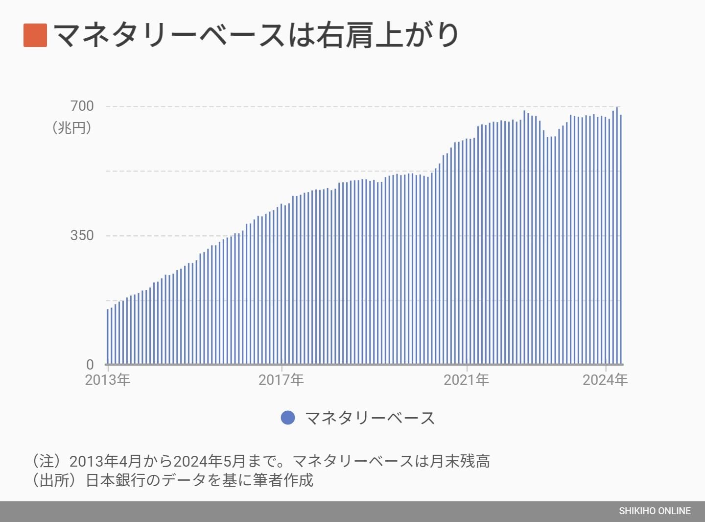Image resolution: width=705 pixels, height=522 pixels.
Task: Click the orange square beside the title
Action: (x=35, y=35)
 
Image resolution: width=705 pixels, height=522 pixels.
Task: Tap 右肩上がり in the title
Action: (x=387, y=35)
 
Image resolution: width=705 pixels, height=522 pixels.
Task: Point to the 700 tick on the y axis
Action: (x=82, y=106)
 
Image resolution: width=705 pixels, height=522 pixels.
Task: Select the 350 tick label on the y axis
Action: (x=82, y=235)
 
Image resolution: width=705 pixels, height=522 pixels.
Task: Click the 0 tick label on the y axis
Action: (x=90, y=365)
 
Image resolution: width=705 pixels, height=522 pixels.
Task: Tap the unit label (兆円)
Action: (x=72, y=128)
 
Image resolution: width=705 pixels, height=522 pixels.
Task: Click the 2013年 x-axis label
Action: (x=108, y=380)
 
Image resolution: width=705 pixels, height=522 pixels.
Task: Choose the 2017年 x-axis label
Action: (x=281, y=380)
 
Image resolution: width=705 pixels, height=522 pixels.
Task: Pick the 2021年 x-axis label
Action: (x=466, y=380)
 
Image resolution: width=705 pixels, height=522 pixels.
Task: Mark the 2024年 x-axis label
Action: (x=605, y=380)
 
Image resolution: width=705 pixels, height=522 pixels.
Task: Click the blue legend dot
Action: (x=288, y=418)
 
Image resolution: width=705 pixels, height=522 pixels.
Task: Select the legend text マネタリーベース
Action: (x=370, y=418)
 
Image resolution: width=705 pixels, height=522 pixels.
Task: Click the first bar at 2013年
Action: (x=108, y=338)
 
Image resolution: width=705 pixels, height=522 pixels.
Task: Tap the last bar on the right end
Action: (x=621, y=240)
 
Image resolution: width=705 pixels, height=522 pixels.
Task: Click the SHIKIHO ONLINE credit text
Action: (x=655, y=511)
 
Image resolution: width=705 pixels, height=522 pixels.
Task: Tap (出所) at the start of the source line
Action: (x=54, y=480)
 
